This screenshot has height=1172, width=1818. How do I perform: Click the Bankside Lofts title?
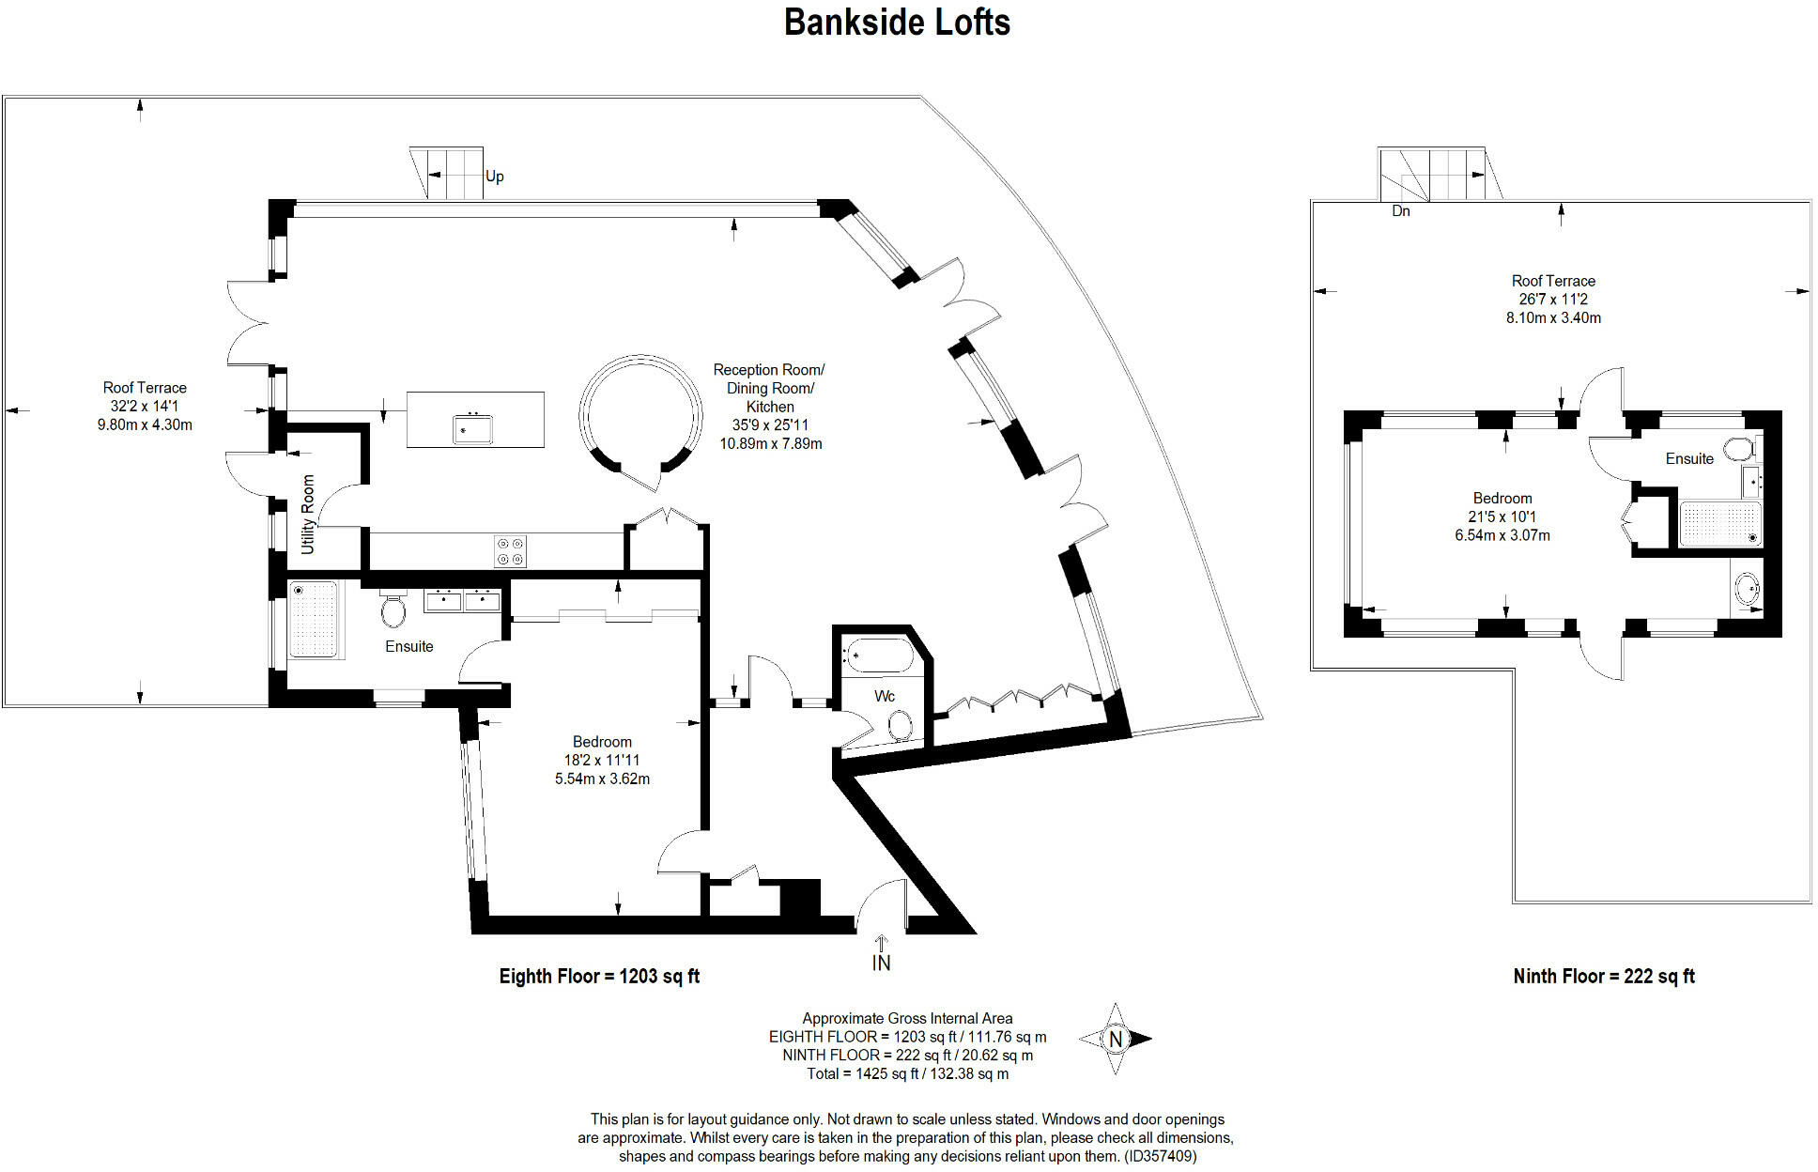[897, 23]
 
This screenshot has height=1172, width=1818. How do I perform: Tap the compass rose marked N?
[1115, 1039]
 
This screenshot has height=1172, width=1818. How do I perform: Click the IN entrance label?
[881, 963]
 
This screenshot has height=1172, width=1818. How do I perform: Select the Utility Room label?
[307, 515]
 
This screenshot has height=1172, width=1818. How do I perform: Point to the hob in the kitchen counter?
[511, 550]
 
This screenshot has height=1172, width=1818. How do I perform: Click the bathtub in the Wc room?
[878, 655]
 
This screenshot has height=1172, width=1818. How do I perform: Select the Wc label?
[885, 696]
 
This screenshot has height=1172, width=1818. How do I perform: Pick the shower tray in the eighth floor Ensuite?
[314, 620]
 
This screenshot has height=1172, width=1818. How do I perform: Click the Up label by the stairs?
[495, 177]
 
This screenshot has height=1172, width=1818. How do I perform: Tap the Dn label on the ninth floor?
[1401, 211]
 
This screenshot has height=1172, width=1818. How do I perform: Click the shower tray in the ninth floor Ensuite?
[1720, 523]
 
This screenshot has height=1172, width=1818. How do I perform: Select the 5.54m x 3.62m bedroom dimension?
[602, 779]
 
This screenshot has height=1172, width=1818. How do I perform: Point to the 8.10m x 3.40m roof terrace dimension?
[1553, 317]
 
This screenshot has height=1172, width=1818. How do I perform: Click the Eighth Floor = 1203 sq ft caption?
[599, 977]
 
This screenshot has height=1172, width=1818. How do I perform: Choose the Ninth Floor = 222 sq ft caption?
[1604, 977]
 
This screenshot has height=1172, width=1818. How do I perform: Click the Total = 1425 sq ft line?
[907, 1073]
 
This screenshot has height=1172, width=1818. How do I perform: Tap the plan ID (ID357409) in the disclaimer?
[1161, 1156]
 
